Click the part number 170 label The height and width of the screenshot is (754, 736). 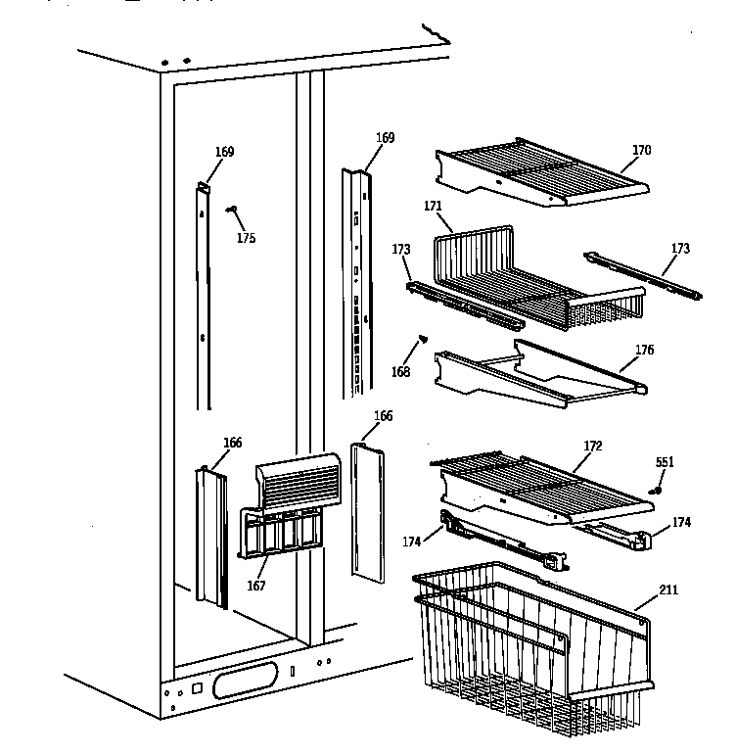[x=641, y=151]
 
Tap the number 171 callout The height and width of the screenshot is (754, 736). [x=433, y=207]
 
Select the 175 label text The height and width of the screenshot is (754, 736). [x=246, y=238]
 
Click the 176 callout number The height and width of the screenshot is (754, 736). [x=644, y=351]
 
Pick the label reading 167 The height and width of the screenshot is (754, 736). [x=256, y=586]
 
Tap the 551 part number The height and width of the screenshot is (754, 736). [x=665, y=462]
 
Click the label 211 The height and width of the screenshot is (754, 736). [x=667, y=589]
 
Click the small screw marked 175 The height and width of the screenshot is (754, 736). [x=232, y=209]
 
